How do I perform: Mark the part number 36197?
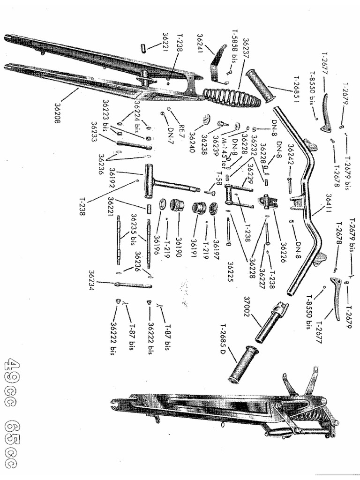[216, 247]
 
